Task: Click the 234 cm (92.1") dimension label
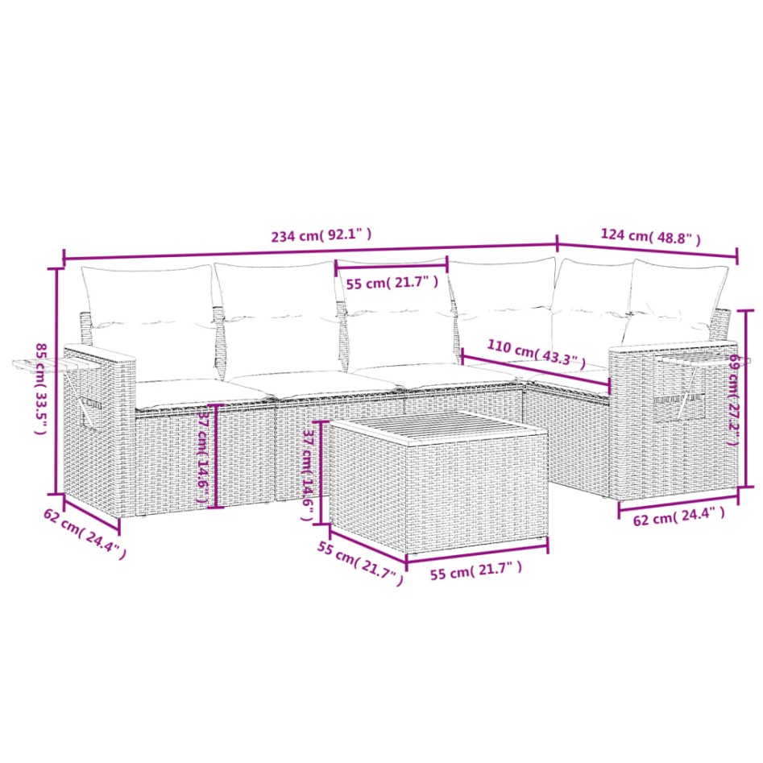(x=321, y=236)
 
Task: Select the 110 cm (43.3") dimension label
(x=536, y=355)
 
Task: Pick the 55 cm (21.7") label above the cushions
(x=392, y=283)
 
